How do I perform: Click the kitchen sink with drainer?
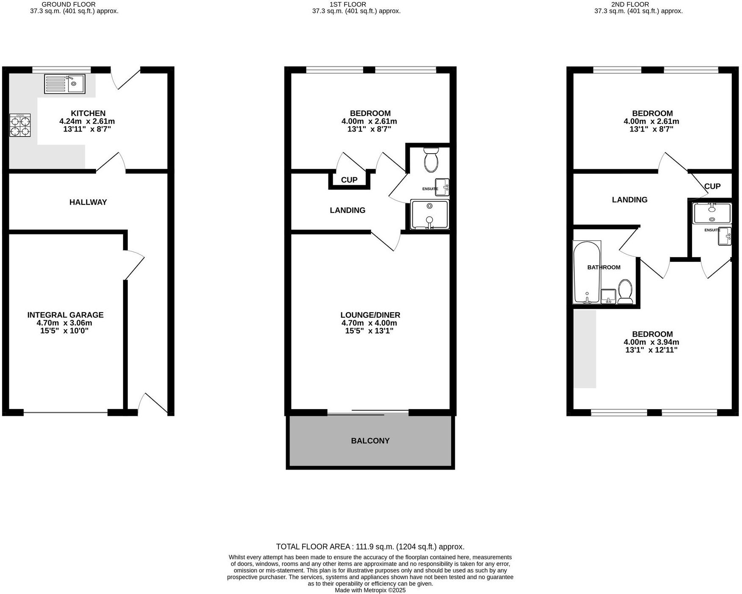64,84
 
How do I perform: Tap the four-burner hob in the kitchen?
20,125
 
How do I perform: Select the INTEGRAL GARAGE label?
65,315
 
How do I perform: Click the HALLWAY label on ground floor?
88,202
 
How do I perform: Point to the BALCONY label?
370,441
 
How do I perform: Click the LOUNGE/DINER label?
370,315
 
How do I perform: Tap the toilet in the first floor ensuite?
431,160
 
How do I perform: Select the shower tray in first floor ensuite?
429,214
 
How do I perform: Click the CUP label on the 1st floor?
349,180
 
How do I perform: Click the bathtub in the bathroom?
586,272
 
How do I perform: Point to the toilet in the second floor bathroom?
625,291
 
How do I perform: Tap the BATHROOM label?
604,267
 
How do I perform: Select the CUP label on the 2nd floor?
712,186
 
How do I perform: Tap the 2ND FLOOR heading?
638,4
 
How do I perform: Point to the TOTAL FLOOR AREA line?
370,547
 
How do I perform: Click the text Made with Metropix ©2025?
370,590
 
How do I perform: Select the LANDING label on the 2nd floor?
629,200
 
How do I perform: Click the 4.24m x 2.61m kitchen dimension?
87,121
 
